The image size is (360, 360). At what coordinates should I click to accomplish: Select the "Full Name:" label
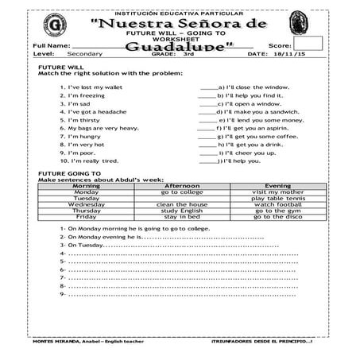click(52, 46)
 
